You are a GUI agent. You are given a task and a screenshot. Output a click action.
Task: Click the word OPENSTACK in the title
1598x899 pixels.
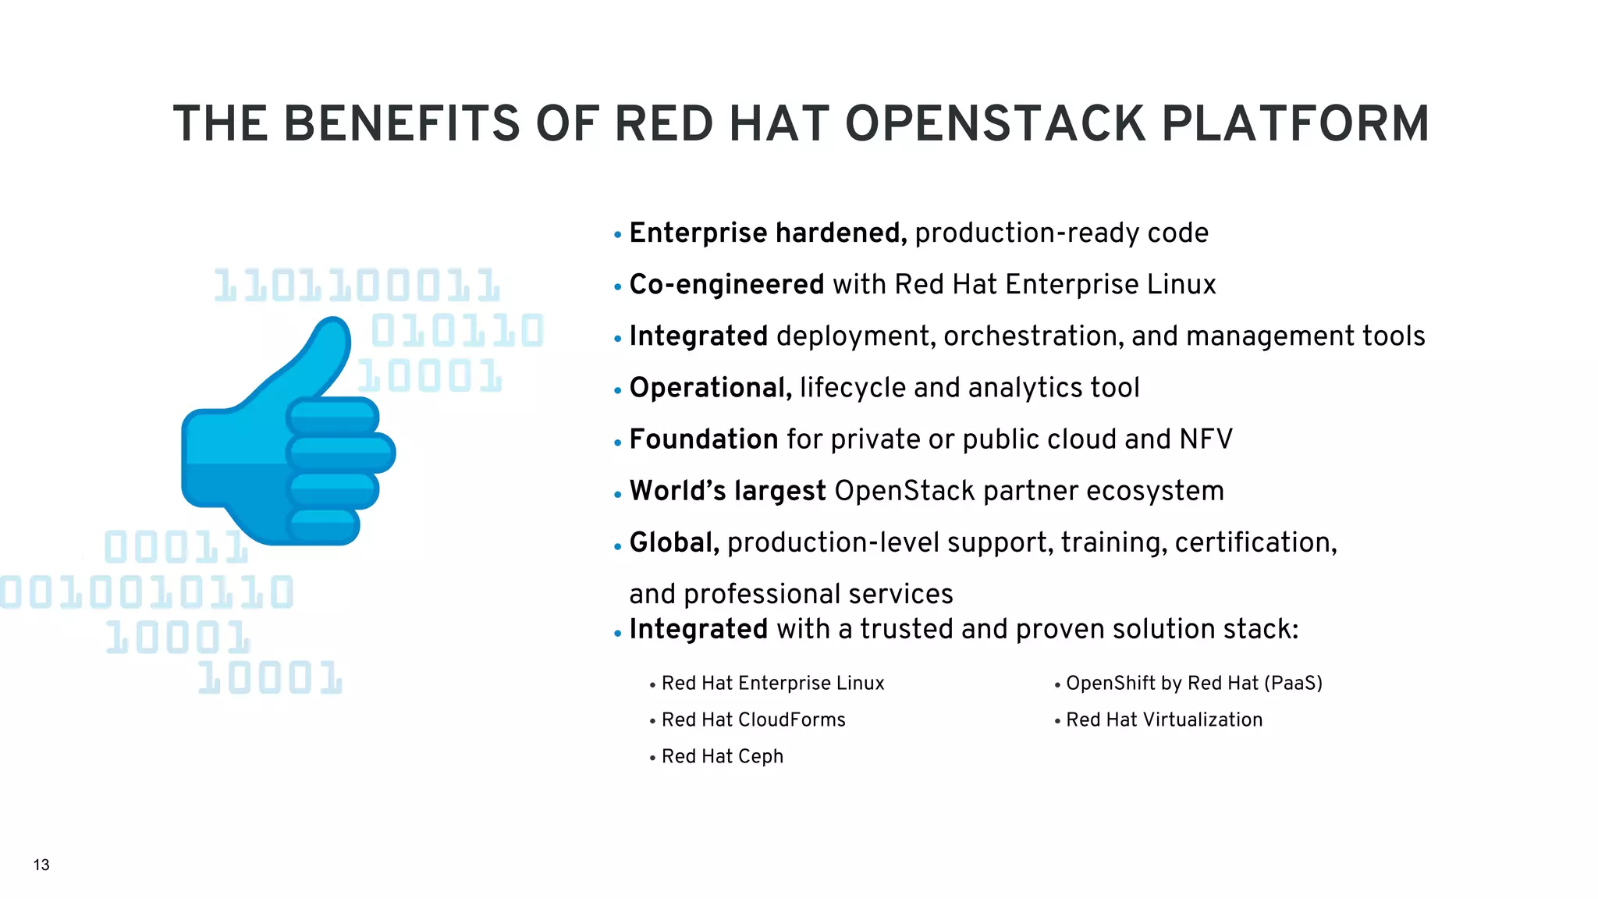tap(996, 124)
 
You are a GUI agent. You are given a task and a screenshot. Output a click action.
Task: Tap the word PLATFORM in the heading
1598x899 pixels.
tap(1295, 124)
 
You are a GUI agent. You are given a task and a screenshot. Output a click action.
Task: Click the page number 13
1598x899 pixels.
tap(41, 865)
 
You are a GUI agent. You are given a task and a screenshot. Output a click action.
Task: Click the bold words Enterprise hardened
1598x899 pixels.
tap(767, 233)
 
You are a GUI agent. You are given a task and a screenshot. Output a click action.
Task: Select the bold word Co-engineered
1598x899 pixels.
tap(726, 285)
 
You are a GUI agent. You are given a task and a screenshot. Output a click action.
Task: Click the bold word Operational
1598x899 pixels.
tap(710, 388)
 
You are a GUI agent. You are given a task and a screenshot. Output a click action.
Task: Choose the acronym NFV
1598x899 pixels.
tap(1206, 439)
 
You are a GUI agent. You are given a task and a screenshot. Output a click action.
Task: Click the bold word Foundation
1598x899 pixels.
tap(704, 439)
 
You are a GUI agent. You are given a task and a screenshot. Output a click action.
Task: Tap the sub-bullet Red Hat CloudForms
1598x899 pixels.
tap(753, 720)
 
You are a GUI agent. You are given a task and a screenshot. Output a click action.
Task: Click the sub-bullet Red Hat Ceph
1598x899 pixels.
tap(722, 756)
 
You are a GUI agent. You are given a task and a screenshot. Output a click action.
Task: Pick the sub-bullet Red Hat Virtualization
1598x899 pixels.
tap(1164, 720)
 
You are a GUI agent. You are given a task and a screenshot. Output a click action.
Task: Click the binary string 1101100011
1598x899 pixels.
tap(357, 286)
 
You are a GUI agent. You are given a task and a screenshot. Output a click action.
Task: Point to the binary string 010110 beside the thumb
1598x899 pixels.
tap(456, 331)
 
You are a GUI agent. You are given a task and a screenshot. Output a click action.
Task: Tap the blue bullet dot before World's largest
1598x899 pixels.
tap(617, 494)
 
